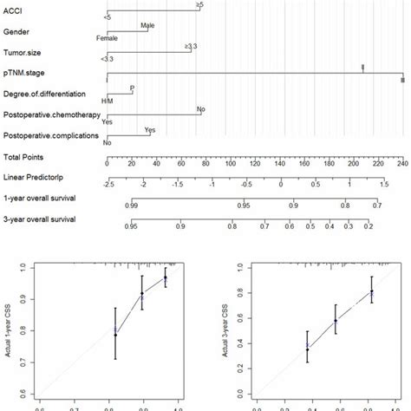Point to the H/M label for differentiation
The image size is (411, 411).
[107, 101]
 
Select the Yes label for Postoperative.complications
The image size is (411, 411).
[148, 130]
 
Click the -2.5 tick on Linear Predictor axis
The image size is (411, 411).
[108, 184]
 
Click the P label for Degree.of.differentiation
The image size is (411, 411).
[132, 88]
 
